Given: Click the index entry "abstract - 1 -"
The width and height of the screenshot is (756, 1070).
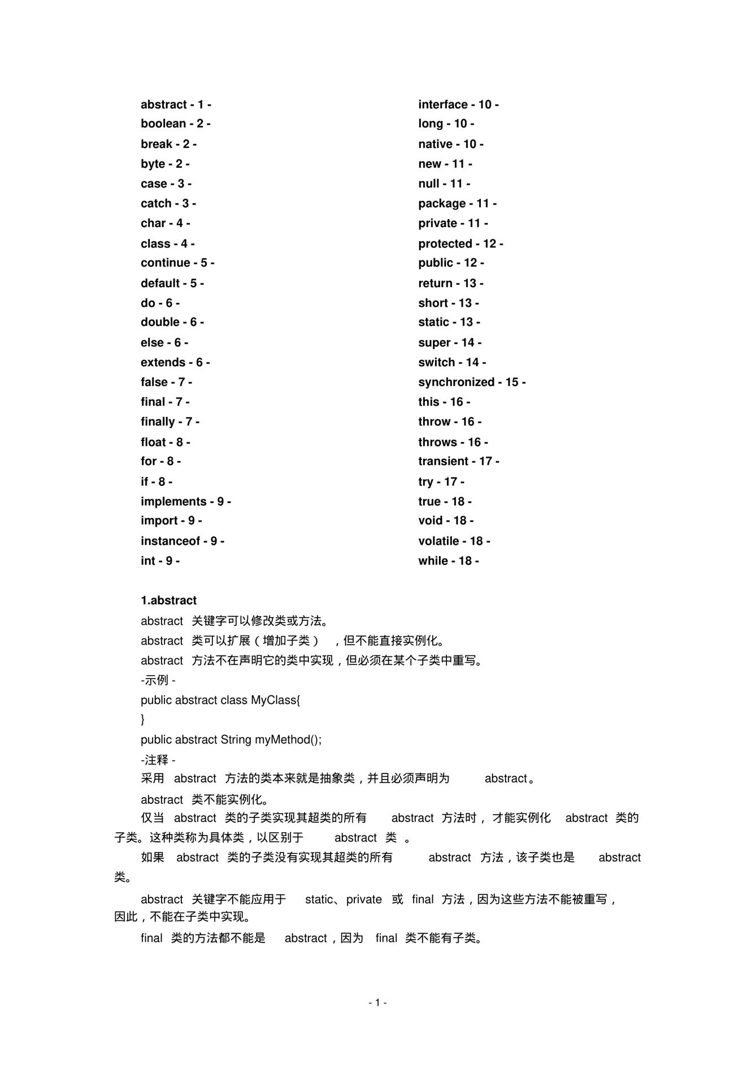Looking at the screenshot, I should coord(176,105).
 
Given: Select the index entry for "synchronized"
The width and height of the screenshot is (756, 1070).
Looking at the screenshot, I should coord(471,382).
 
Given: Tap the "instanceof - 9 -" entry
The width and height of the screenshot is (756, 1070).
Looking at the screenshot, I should coord(182,541).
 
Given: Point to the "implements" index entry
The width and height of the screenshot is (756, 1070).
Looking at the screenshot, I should coord(185,502).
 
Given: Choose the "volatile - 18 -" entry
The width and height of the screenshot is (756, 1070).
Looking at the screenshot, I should coord(454,541).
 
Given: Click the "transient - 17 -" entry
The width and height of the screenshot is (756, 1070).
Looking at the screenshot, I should coord(458,462).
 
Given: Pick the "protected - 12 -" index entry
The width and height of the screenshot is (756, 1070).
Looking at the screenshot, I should coord(460,244).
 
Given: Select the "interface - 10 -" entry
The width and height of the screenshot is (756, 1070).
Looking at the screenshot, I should coord(458,105).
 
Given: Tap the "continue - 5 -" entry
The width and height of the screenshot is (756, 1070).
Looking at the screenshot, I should coord(177,263).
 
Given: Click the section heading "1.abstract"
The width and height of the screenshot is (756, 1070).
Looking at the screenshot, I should coord(168,601).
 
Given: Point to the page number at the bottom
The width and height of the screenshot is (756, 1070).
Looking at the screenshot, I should coord(377,1003).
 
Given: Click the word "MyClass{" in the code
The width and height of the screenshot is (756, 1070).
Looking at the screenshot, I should coord(276,701).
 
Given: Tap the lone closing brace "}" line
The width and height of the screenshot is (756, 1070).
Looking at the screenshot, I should coord(143,719).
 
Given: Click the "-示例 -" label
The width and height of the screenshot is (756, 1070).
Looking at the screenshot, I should coord(158,680).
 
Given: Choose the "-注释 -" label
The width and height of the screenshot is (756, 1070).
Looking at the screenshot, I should coord(158,760).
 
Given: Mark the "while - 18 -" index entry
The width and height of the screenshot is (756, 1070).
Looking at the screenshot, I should coord(448,561).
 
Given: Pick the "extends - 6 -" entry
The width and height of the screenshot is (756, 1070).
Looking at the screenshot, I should coord(175,363).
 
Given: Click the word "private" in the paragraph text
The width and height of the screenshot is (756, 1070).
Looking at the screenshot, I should coord(364,899).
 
